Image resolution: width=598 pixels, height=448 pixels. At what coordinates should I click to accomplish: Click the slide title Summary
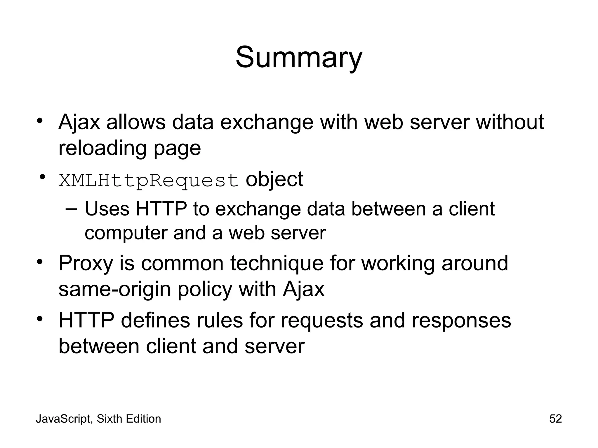tap(299, 58)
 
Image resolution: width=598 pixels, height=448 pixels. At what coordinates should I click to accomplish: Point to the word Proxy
tap(86, 263)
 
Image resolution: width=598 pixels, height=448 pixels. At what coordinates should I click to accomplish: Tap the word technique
tap(277, 263)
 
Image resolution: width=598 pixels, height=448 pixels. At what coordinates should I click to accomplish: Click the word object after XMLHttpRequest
tap(274, 179)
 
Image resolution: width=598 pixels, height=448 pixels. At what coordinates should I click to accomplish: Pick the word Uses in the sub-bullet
tap(107, 209)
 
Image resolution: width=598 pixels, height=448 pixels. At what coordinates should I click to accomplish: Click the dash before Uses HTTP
tap(72, 209)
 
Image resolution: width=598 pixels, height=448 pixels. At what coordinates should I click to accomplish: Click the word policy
tap(205, 289)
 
